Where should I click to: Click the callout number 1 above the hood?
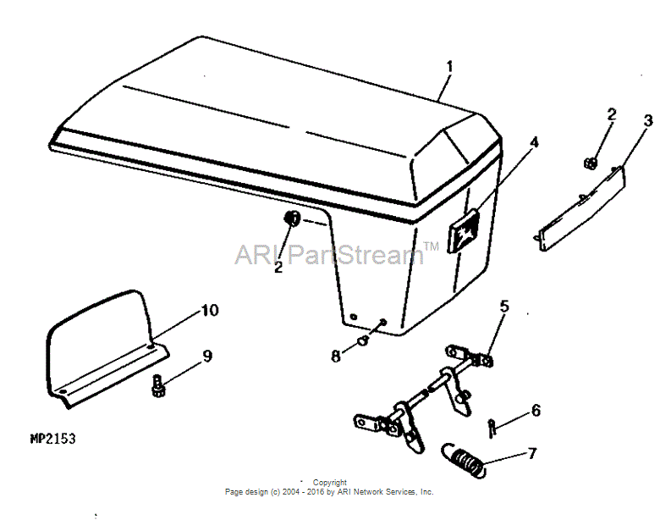[449, 67]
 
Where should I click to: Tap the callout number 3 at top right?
[648, 120]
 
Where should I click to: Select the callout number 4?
[534, 142]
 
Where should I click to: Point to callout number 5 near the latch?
[504, 306]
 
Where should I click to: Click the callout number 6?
[536, 410]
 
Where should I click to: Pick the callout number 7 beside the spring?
[532, 453]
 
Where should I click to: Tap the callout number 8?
[335, 357]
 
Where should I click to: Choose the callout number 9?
[207, 356]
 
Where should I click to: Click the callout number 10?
[210, 310]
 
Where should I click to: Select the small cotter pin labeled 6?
[492, 429]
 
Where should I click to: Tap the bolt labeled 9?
[157, 385]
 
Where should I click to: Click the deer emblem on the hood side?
[464, 231]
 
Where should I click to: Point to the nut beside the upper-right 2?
[591, 163]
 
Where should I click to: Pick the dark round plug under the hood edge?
[292, 219]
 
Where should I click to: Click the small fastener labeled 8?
[363, 340]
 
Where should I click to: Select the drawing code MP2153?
[53, 439]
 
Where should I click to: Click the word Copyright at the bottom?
[330, 482]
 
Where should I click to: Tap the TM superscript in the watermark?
[431, 246]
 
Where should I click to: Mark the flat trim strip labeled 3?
[581, 208]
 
